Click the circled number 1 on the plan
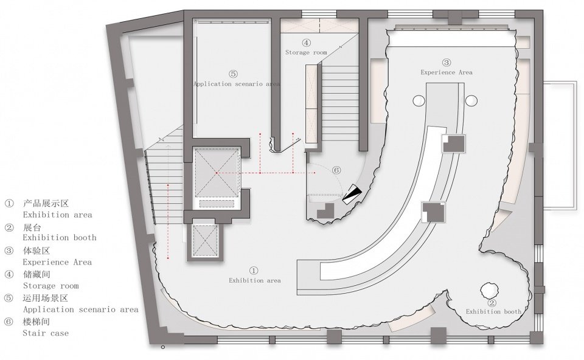(x=254, y=270)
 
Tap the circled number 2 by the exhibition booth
(x=492, y=303)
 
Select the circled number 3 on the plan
(x=446, y=63)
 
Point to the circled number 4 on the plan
(x=306, y=43)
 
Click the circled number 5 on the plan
(x=233, y=74)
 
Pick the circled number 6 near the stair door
(x=336, y=170)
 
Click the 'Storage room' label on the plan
(x=306, y=52)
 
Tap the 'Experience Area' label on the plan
(x=447, y=72)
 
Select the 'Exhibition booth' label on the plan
(x=493, y=311)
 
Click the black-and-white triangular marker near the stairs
(x=352, y=194)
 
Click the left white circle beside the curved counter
(x=419, y=101)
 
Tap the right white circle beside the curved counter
(x=471, y=101)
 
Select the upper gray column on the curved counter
(x=454, y=144)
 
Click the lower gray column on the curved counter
(x=433, y=212)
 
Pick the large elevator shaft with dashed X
(x=217, y=173)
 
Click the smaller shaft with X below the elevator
(x=205, y=241)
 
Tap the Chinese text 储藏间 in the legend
(x=36, y=274)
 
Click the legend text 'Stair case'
(x=46, y=333)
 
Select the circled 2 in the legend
(x=9, y=227)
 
